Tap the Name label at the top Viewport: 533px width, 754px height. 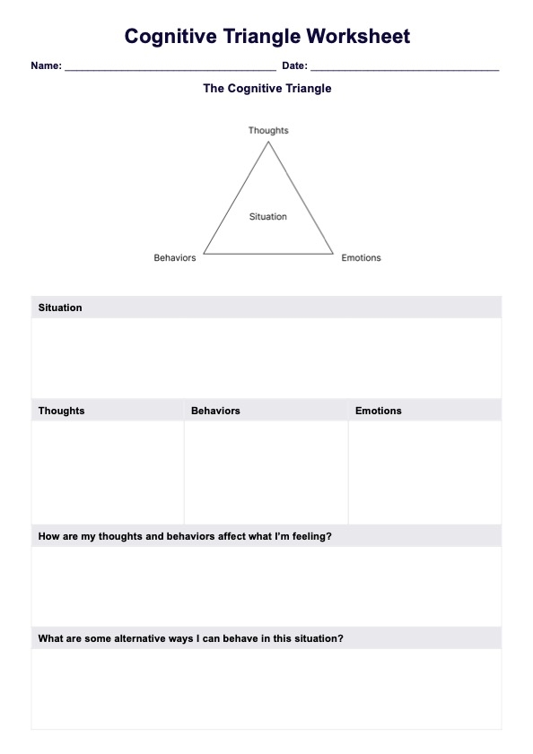coord(46,65)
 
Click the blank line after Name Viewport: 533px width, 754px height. coord(170,67)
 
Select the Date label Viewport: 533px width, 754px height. coord(294,65)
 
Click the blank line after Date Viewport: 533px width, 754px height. coord(405,67)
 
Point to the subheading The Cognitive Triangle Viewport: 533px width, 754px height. coord(267,89)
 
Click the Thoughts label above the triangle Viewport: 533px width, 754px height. coord(268,131)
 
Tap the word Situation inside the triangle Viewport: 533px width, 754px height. coord(268,217)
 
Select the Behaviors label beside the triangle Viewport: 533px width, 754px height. coord(175,258)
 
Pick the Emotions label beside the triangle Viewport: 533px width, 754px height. coord(361,258)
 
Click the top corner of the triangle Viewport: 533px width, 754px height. coord(268,143)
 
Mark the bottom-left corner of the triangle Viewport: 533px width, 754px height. coord(204,254)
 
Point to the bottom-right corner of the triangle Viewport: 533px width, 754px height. coord(333,254)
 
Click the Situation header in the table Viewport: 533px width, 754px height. coord(60,308)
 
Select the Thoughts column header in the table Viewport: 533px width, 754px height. coord(61,411)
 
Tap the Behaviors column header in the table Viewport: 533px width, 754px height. coord(215,411)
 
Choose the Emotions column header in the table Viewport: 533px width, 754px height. coord(378,411)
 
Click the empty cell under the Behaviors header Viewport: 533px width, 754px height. coord(266,472)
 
